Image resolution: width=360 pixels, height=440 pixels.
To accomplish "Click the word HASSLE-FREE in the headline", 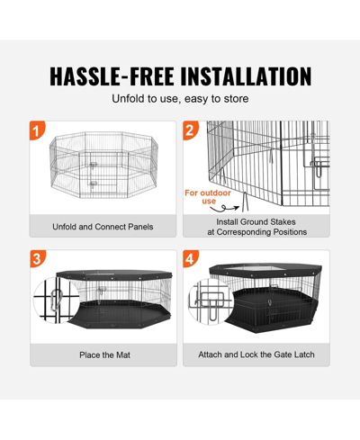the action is coord(112,76).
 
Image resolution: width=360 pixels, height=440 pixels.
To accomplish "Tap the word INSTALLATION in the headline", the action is coord(246,76).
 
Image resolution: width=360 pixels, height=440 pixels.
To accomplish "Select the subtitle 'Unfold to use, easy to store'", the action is coord(180,99).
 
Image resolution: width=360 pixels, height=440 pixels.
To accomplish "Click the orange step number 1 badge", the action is coord(37,130).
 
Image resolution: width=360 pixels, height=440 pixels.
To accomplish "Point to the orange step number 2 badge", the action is coord(191,130).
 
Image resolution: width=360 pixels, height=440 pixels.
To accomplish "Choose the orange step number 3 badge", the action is coord(38,258).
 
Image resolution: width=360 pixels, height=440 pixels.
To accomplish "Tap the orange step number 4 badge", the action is coord(191,258).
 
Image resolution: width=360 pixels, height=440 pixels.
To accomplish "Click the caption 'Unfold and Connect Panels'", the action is coord(103,227).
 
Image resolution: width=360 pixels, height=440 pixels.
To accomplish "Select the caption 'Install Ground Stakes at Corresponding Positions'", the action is coord(256,227).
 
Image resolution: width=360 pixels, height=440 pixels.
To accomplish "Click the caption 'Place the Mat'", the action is coord(104,355).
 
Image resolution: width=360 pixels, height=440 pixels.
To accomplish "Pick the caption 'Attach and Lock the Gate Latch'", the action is coord(256,355).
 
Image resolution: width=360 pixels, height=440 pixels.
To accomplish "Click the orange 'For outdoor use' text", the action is coord(208,197).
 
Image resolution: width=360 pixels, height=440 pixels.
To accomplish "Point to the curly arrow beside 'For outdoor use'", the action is coord(227,208).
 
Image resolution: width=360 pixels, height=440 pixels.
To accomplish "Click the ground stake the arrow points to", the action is coord(245,202).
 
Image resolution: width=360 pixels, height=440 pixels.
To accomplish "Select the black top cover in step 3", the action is coord(114,274).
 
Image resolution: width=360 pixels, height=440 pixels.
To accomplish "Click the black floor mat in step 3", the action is coord(120,314).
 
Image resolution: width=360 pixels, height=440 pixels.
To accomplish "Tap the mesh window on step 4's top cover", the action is coord(255,268).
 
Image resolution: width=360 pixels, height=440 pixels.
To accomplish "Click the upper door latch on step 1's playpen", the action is coord(94,165).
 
